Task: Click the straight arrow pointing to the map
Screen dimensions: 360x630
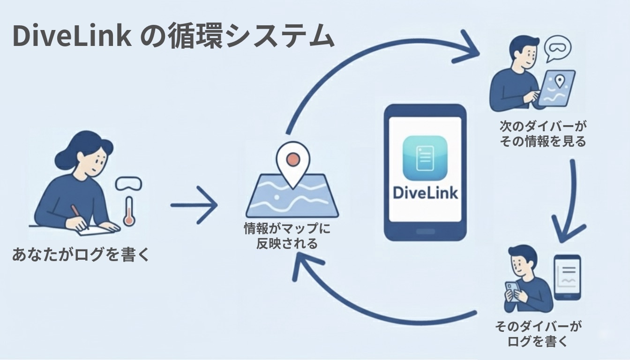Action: [x=194, y=205]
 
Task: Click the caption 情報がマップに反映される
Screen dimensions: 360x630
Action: [x=287, y=236]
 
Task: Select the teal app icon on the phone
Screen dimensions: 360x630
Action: [x=425, y=158]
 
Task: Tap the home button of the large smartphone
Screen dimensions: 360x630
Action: [x=425, y=232]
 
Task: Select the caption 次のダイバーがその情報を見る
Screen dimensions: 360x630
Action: [x=543, y=134]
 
